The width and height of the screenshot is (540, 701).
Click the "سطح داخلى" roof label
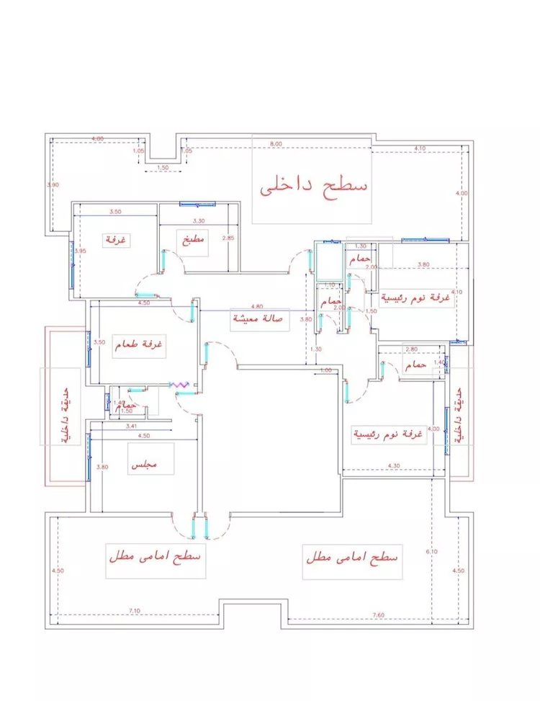(313, 187)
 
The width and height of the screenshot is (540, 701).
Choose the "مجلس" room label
(143, 466)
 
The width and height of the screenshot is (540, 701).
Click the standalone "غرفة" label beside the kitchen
(115, 239)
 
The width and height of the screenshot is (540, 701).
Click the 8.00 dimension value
(276, 144)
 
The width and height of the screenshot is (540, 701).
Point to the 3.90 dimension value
(52, 185)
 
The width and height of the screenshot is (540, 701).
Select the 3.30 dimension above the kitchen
(199, 221)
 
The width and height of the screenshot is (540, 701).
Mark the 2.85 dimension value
(228, 238)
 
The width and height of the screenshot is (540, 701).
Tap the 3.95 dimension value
(81, 251)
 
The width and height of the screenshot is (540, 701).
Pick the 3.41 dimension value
(131, 427)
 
